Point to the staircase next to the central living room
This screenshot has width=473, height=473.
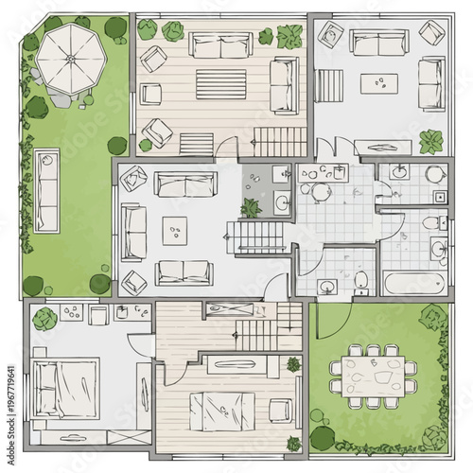tap(257, 232)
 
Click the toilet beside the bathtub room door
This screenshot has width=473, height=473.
tap(361, 279)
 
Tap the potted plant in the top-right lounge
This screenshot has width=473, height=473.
tap(431, 142)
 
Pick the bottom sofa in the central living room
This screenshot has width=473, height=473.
tap(184, 272)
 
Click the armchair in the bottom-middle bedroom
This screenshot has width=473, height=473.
tap(279, 410)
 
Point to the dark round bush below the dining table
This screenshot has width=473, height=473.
tap(323, 437)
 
